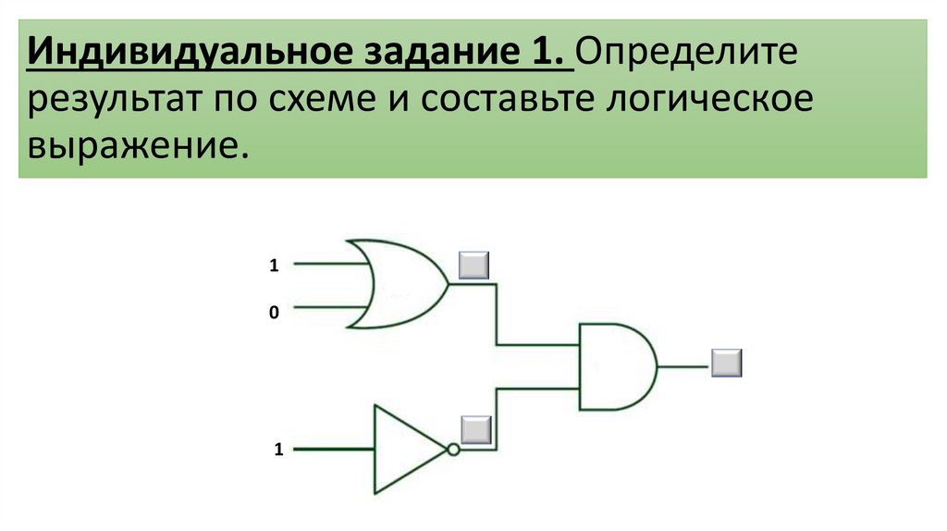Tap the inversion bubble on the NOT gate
click(x=452, y=450)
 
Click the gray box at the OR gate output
click(x=474, y=265)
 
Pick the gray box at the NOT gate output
click(x=475, y=430)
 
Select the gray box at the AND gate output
click(x=727, y=363)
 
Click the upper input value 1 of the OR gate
click(x=274, y=265)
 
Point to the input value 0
click(x=274, y=314)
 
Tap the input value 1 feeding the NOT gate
click(x=277, y=451)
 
